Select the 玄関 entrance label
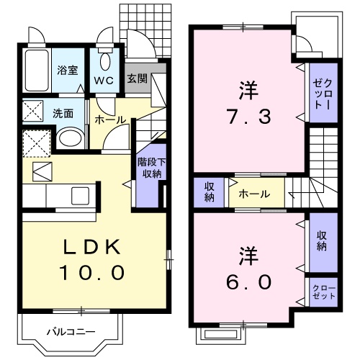coord(138,78)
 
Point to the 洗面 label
coord(63,113)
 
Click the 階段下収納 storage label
coord(149,168)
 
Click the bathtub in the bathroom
coord(35,71)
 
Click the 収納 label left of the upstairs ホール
coord(209,193)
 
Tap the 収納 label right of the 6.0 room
coord(320,240)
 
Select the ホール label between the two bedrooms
coord(254,194)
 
